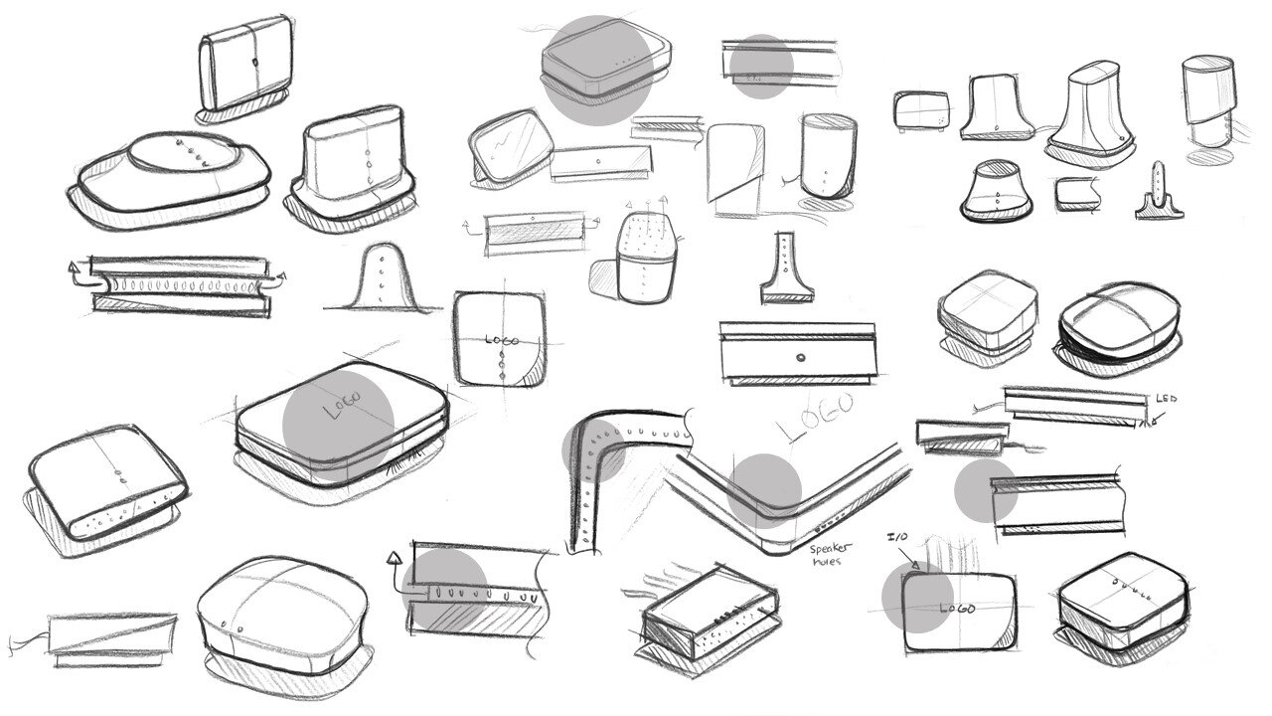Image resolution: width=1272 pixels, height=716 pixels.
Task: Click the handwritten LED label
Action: [1166, 399]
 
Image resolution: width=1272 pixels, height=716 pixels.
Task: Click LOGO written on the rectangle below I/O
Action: [957, 608]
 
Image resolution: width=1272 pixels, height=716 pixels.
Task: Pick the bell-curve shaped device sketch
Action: [382, 278]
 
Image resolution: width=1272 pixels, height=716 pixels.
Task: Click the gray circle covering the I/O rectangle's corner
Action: [918, 597]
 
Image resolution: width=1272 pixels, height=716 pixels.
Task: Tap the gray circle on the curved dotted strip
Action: [594, 450]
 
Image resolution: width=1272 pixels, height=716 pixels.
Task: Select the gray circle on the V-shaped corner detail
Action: [763, 490]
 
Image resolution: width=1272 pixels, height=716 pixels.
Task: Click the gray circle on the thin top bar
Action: [761, 68]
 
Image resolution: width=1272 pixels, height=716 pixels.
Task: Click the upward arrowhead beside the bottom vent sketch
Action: [396, 557]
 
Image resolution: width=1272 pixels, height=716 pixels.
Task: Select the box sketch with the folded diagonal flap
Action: [734, 169]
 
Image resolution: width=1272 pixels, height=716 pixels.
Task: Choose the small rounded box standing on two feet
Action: [921, 110]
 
